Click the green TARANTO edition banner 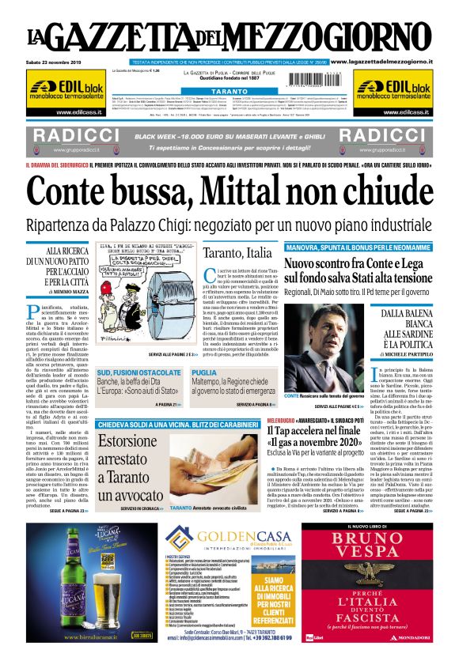[229, 92]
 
